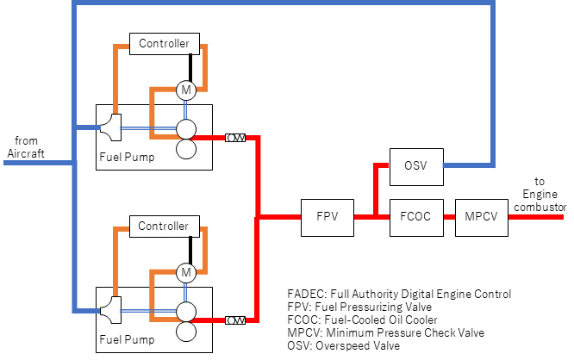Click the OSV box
tap(416, 167)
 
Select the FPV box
tap(328, 218)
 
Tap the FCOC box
tap(416, 218)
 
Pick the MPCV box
tap(482, 218)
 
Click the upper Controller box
tap(165, 44)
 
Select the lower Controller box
tap(165, 227)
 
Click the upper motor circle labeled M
tap(186, 90)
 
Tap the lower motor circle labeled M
tap(186, 272)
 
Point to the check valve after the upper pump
tap(235, 138)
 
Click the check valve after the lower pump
tap(235, 320)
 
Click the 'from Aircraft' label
tap(26, 147)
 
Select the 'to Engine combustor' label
tap(540, 195)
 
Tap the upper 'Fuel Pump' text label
tap(127, 158)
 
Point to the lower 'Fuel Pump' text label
tap(127, 340)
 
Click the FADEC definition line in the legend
tap(399, 295)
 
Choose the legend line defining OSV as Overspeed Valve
tap(343, 345)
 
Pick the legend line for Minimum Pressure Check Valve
tap(386, 333)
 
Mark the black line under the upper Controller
tap(190, 68)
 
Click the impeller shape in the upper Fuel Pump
tap(111, 127)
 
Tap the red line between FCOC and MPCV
tap(449, 217)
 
